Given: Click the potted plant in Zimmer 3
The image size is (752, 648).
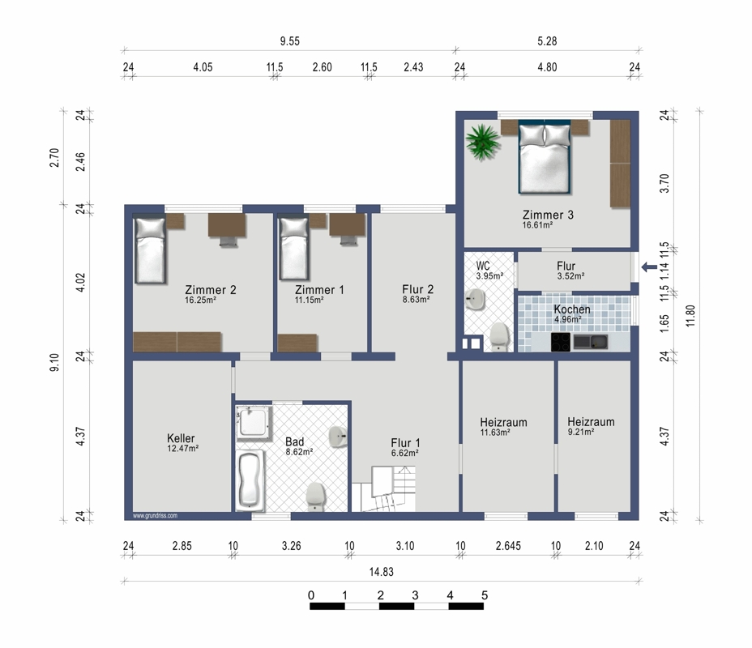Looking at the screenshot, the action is (482, 141).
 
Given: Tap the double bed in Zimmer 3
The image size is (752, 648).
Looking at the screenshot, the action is (545, 157).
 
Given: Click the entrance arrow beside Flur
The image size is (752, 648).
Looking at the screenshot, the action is (649, 267).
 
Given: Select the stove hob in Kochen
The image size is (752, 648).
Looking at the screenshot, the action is (560, 342).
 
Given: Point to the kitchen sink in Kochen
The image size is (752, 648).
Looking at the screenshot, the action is (591, 342).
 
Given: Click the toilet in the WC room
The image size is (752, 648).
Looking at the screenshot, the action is (499, 336).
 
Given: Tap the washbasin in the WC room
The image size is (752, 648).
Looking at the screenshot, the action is (475, 300).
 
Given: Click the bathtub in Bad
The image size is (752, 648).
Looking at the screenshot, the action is (250, 480).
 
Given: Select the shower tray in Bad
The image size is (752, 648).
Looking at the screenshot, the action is (253, 422).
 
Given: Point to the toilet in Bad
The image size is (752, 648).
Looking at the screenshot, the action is (315, 497).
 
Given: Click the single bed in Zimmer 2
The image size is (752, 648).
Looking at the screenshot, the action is (150, 249).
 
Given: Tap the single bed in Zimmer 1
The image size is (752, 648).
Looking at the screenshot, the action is (293, 249).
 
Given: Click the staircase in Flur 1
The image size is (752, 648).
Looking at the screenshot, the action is (383, 489).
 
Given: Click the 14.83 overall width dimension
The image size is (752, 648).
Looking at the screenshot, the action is (382, 572).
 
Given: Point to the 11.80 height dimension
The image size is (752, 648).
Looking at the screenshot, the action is (690, 315).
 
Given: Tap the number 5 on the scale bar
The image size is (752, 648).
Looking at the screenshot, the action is (485, 595).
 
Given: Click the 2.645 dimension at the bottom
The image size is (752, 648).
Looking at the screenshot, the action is (508, 546).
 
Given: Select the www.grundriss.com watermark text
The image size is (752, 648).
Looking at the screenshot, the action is (155, 516).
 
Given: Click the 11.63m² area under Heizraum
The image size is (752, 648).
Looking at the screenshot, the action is (495, 433).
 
